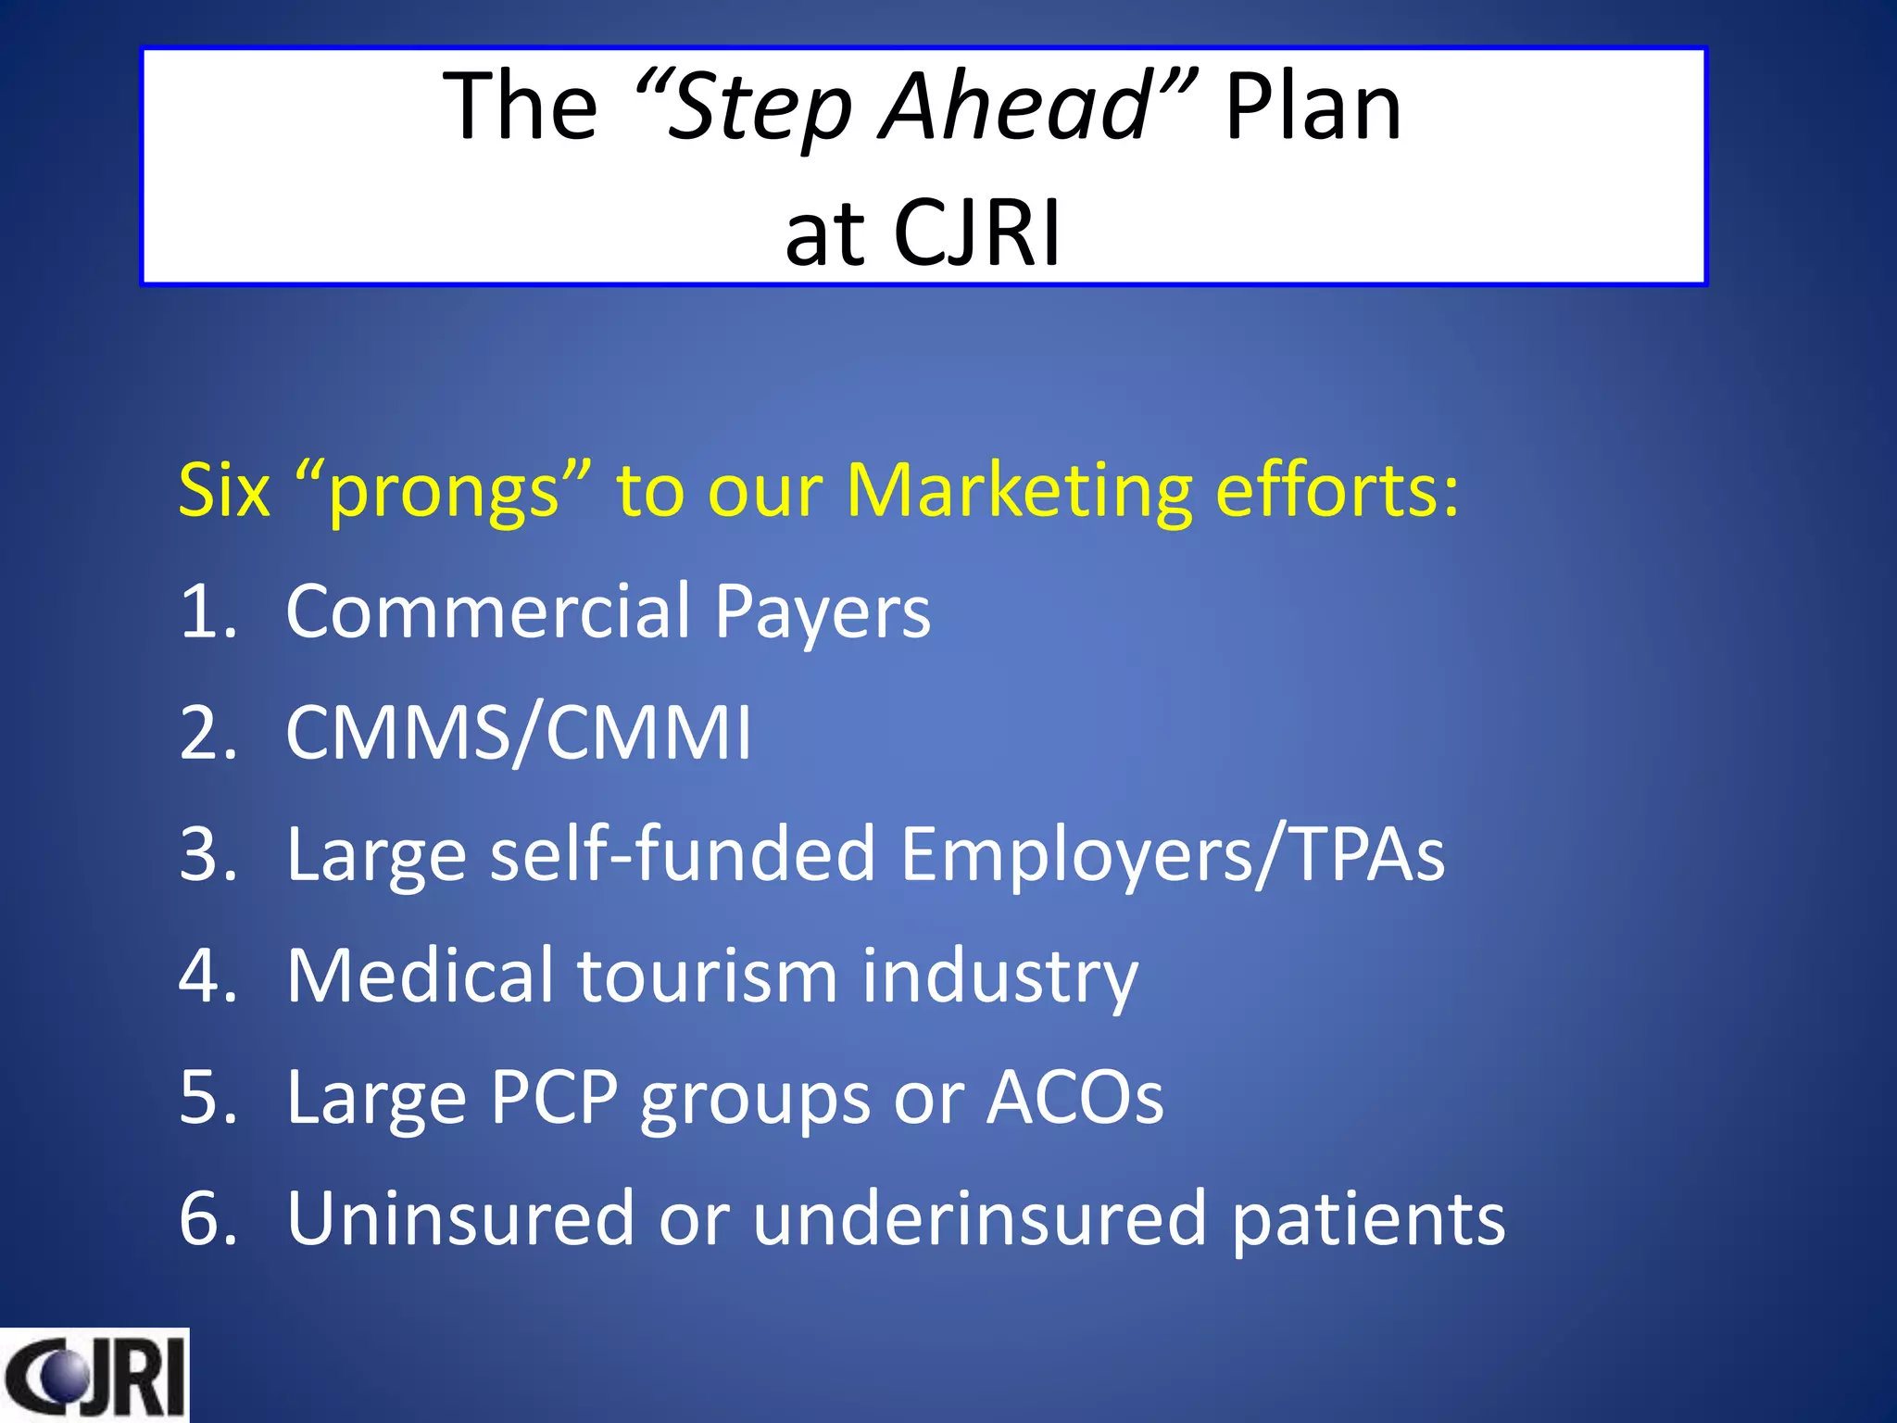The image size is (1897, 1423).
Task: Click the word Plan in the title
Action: click(x=1313, y=107)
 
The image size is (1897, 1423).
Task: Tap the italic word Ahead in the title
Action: click(x=1014, y=107)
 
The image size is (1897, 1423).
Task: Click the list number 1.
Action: click(x=207, y=611)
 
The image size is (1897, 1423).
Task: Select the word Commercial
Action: click(x=488, y=611)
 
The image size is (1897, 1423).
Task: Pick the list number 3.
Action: click(x=207, y=854)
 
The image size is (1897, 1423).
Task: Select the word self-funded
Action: click(x=683, y=854)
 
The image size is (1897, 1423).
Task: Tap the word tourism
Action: click(x=708, y=976)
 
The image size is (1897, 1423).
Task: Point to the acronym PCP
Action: click(x=553, y=1098)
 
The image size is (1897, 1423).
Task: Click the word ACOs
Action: click(x=1074, y=1098)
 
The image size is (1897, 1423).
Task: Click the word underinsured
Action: click(x=979, y=1218)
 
